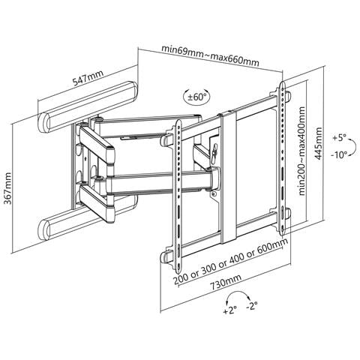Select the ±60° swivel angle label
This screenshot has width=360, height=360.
click(197, 97)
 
